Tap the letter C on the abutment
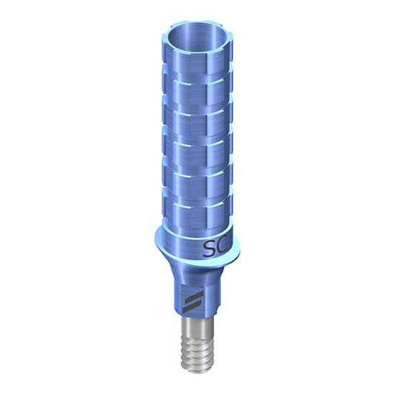tap(224, 248)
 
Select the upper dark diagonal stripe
tap(192, 295)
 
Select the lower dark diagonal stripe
tap(192, 305)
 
